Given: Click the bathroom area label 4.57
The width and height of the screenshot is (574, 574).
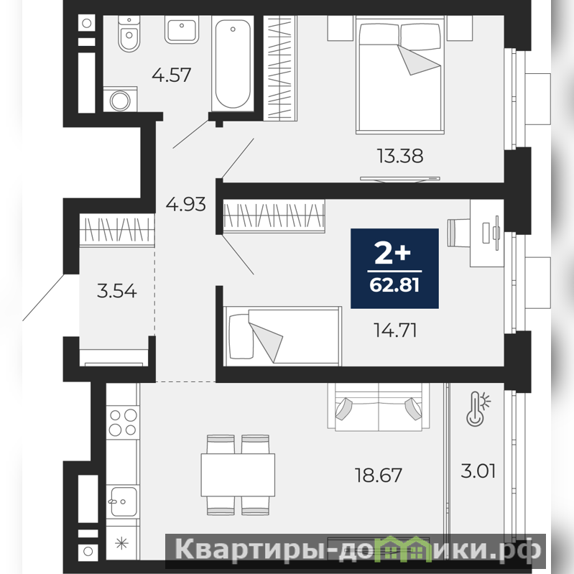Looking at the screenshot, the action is [x=171, y=75].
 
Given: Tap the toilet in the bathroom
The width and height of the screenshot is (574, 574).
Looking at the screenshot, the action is [x=129, y=34].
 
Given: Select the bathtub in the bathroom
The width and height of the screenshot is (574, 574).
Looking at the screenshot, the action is [x=233, y=64].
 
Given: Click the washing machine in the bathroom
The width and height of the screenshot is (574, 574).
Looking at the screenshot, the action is [x=120, y=99].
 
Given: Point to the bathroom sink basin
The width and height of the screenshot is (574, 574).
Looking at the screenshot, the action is [x=182, y=30].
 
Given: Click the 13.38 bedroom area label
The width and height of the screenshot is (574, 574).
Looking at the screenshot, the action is [x=400, y=156].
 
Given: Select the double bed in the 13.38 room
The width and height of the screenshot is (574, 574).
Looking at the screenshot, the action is [x=400, y=75].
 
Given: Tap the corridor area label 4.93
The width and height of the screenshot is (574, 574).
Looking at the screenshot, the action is [x=185, y=204].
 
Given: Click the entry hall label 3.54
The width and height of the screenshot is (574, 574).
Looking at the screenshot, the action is [x=117, y=292].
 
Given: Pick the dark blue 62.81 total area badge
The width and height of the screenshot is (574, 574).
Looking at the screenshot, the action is [x=394, y=269].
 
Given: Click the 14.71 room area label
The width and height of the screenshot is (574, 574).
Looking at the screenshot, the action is [x=395, y=330].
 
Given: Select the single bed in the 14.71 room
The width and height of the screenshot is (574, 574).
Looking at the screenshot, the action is [x=283, y=336].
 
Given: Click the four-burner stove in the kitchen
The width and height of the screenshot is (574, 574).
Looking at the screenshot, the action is [x=123, y=422].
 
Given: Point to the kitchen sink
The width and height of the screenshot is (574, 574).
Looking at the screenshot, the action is [x=123, y=501].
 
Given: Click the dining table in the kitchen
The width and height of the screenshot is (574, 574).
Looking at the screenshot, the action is [x=238, y=475].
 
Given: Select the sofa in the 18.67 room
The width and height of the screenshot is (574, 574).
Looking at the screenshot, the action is [x=379, y=406].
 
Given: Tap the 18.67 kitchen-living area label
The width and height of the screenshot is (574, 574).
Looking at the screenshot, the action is [x=379, y=475].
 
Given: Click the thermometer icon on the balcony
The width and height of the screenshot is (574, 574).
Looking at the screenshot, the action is [x=478, y=409].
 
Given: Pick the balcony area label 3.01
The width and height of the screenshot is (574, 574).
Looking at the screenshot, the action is [x=478, y=471].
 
